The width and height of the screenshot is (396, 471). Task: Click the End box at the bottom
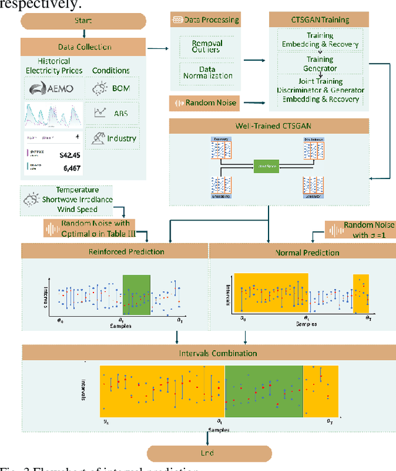click(207, 453)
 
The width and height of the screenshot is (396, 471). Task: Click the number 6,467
click(69, 168)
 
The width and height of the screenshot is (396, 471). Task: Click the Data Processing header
click(204, 20)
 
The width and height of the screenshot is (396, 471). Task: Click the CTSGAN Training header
click(319, 20)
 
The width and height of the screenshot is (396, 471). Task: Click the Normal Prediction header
click(298, 252)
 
